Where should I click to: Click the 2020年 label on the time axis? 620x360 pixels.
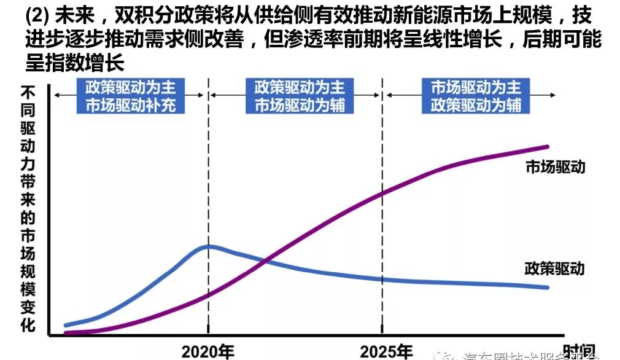point(207,351)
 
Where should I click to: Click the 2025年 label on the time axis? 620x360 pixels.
point(386,351)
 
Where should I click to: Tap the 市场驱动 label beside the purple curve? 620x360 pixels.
point(556,166)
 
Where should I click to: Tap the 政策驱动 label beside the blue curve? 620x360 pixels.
point(554,268)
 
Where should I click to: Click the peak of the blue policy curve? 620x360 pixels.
point(209,246)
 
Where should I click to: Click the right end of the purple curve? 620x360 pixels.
point(547,146)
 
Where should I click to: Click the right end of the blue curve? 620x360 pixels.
point(547,287)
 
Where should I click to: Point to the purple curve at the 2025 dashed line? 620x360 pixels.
point(384,194)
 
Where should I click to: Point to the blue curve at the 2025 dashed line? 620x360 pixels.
point(384,279)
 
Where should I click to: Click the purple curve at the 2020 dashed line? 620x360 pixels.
point(208,295)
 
